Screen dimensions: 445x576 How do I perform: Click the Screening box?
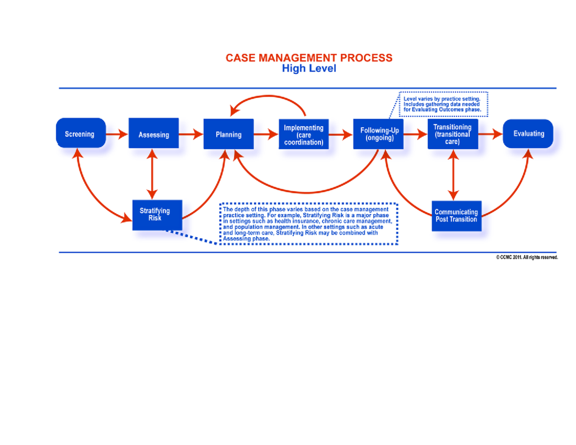tap(80, 133)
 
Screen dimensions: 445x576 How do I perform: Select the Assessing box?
tap(154, 134)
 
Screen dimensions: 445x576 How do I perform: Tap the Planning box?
tap(228, 134)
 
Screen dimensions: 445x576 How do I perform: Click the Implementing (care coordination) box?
tap(303, 135)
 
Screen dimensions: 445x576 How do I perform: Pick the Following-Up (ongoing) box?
tap(379, 134)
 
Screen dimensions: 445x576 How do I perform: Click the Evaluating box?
tap(528, 133)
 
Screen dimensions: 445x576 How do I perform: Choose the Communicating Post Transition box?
tap(456, 215)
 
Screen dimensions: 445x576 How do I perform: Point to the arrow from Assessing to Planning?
tap(191, 134)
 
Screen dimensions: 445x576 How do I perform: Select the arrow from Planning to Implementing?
tap(266, 134)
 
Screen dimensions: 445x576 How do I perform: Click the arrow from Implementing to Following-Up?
tap(341, 134)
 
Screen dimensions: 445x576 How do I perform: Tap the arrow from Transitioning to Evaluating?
tap(490, 134)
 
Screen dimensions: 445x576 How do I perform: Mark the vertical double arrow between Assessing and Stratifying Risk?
tap(152, 174)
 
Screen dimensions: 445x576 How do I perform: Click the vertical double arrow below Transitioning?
tap(452, 174)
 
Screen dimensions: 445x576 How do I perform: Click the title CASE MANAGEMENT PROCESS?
tap(309, 58)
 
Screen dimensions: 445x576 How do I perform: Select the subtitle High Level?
tap(309, 69)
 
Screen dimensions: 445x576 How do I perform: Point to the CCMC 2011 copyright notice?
tap(527, 258)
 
